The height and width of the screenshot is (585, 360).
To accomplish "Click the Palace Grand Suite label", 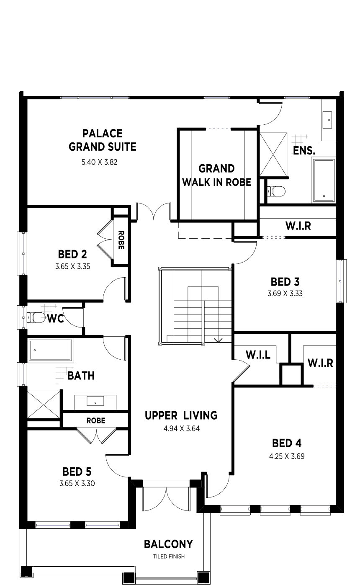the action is pos(102,140).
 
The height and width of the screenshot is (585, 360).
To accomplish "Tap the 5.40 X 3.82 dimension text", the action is pos(100,162).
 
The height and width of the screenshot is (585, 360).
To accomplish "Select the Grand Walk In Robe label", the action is pos(217,175).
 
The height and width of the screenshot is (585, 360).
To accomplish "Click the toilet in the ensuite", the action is pos(276,191).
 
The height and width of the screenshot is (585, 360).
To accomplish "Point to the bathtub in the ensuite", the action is pos(324,181).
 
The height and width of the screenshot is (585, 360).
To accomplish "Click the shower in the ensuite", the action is pos(273,154).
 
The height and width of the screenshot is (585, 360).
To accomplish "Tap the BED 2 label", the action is pos(72,254).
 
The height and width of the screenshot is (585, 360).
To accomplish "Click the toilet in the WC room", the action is pos(36,317).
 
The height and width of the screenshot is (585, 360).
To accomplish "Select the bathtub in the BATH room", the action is pos(50,350).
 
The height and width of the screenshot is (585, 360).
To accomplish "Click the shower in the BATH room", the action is pos(44,405).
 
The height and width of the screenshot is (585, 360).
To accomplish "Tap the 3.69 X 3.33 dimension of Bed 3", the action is pos(285,294).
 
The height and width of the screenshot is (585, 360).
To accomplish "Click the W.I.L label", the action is pos(258,355).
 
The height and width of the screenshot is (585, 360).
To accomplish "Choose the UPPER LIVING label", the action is pos(181,415).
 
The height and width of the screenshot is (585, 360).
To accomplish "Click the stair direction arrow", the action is pos(218,340).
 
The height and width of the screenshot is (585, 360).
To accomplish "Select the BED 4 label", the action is pos(287,443).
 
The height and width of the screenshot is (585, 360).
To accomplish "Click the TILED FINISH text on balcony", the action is pos(169,556).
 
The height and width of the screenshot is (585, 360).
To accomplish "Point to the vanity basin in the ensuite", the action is pos(327,120).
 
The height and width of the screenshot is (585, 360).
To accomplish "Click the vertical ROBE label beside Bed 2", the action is pos(121,240).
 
